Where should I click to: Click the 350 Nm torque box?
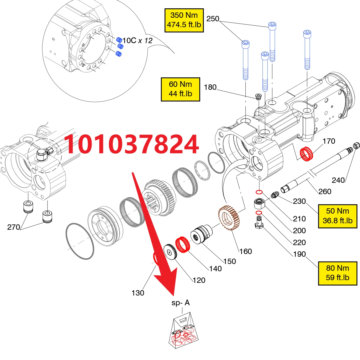(184, 20)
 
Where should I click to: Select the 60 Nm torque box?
(180, 89)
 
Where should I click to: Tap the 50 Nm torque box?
(337, 216)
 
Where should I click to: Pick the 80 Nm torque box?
(337, 273)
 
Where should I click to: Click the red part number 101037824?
(132, 145)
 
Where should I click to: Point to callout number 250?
(213, 19)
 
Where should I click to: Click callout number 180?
(210, 87)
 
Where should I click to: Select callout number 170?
(329, 141)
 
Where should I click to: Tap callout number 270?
(13, 227)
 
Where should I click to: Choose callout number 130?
(138, 293)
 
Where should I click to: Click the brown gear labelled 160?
(229, 217)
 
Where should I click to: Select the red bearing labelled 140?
(183, 245)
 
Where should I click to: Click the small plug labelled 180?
(258, 97)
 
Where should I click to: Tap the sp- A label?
(181, 303)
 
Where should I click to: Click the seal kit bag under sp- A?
(183, 332)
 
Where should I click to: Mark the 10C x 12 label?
(138, 41)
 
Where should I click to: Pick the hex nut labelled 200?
(259, 203)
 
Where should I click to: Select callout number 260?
(325, 191)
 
